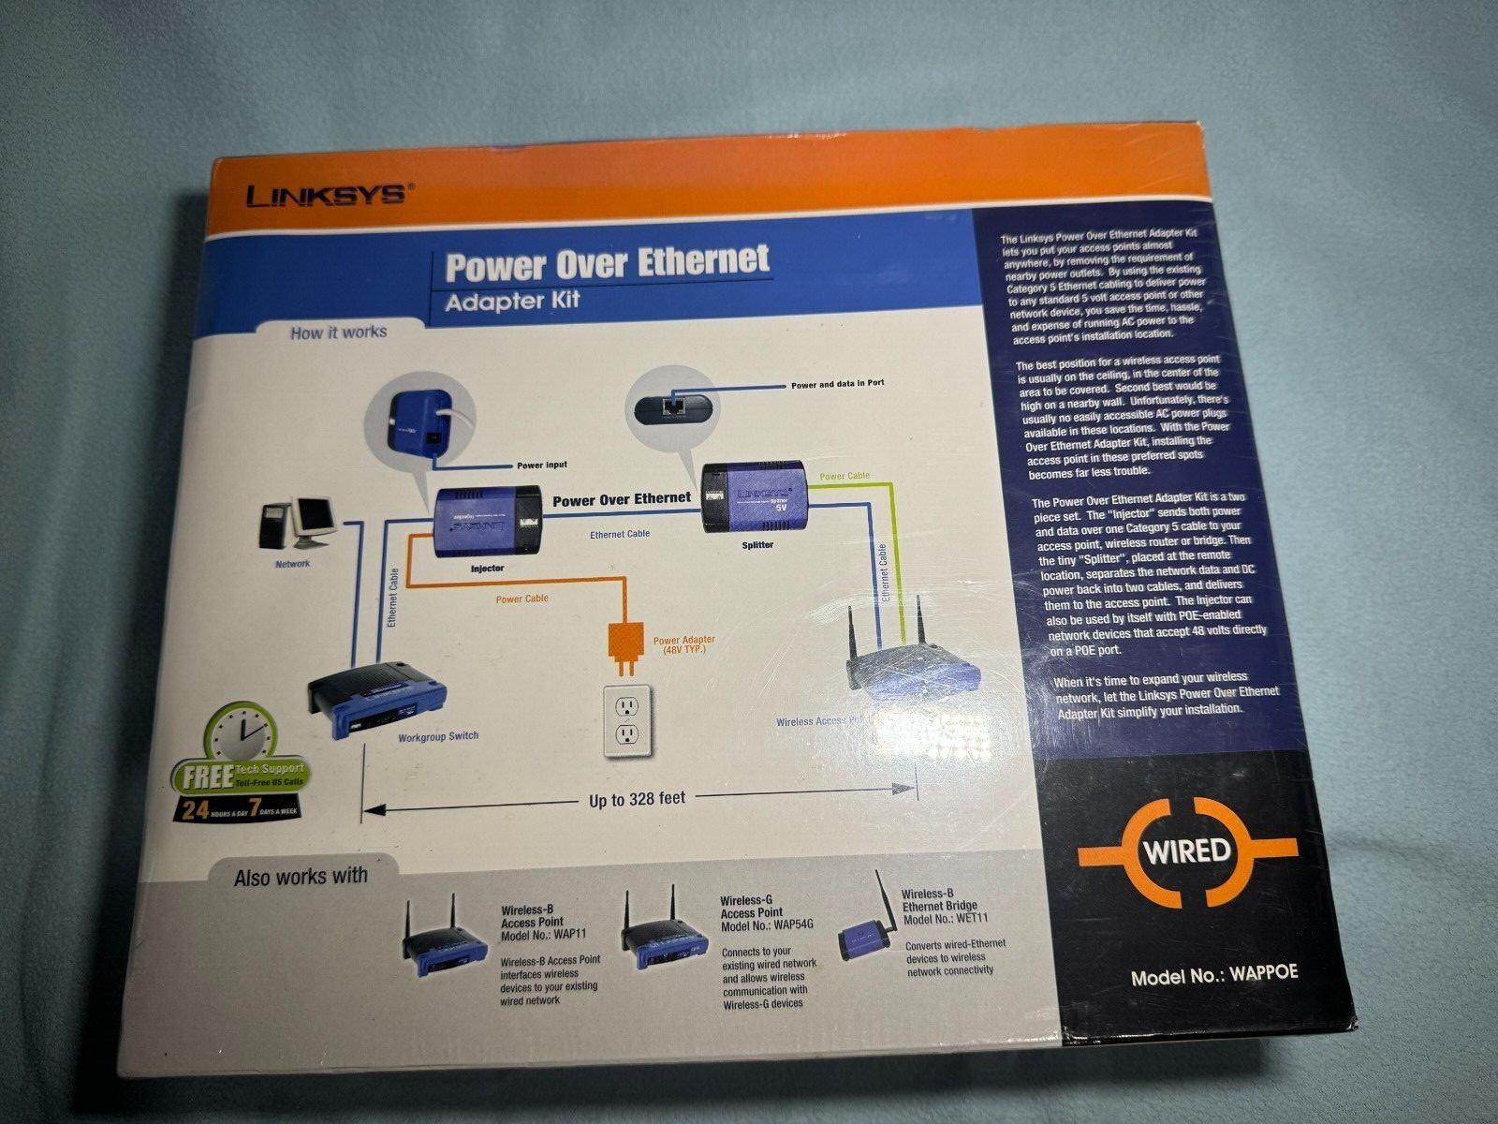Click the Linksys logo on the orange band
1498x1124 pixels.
coord(325,195)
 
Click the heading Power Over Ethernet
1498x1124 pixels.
coord(607,263)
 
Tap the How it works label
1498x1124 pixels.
coord(338,332)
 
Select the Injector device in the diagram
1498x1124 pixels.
coord(487,522)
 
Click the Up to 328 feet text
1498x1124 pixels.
coord(637,799)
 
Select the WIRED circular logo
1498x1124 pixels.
coord(1187,850)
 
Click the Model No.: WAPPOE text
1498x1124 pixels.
coord(1214,974)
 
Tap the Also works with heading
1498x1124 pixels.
coord(301,878)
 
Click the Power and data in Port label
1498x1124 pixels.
coord(837,384)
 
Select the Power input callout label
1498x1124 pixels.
coord(541,465)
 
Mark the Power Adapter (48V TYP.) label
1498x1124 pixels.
coord(683,644)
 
